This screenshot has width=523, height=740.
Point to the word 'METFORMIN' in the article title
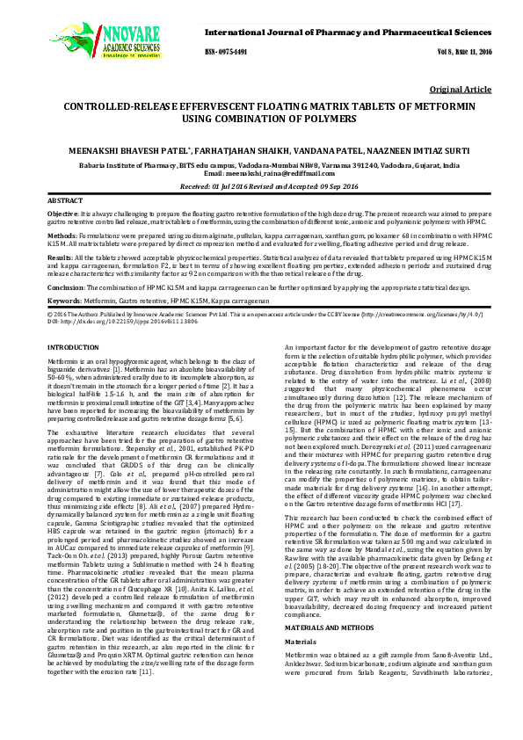[x=433, y=105]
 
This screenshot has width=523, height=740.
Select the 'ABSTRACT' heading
[x=63, y=201]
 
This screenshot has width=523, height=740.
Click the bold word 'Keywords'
[x=63, y=300]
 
